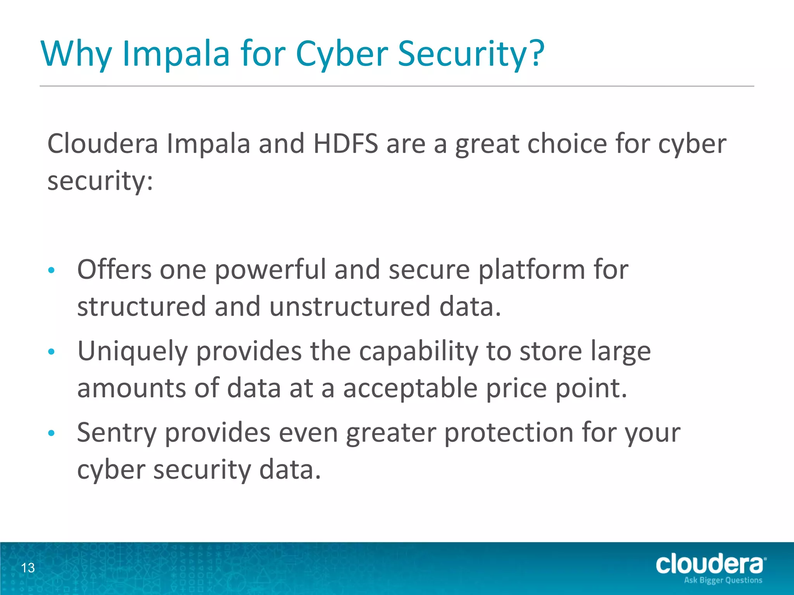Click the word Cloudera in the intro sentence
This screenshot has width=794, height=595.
[x=103, y=144]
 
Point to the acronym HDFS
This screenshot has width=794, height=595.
[x=345, y=144]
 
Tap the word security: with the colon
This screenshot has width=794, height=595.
[x=100, y=181]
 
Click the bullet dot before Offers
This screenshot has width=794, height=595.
[x=51, y=270]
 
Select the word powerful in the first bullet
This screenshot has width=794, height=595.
[x=270, y=270]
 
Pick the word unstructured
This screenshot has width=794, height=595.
[x=350, y=306]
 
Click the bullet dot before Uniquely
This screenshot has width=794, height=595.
[x=51, y=352]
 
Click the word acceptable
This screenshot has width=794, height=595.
[x=410, y=388]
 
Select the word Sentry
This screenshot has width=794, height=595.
[x=117, y=433]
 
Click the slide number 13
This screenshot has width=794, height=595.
[x=28, y=568]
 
